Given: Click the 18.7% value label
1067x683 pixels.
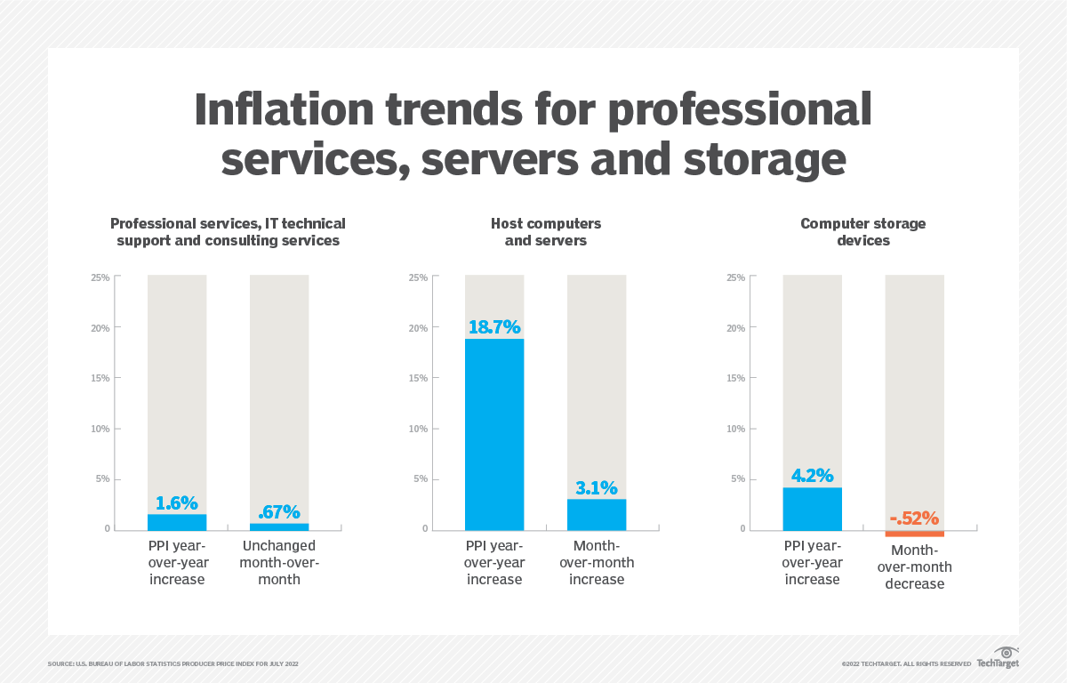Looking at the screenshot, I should (494, 327).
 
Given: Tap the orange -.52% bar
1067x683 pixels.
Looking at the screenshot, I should (914, 533).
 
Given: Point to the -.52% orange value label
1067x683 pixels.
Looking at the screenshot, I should (914, 518).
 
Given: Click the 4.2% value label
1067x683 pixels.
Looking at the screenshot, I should (812, 476).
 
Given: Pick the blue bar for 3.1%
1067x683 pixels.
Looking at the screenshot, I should (597, 514).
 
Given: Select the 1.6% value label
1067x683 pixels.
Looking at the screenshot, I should (177, 502).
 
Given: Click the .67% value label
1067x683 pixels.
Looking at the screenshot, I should (278, 512).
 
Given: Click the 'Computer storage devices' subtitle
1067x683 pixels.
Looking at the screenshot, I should (862, 231).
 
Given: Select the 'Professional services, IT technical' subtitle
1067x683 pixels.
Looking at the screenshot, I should (228, 223).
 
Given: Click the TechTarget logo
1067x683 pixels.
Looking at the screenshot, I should (998, 658).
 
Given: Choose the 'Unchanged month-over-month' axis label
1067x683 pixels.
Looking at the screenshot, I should (279, 562).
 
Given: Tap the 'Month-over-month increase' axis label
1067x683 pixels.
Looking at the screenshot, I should (597, 562).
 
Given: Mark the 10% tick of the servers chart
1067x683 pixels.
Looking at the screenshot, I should (418, 429).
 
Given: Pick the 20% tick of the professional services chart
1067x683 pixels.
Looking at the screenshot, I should (100, 328).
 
